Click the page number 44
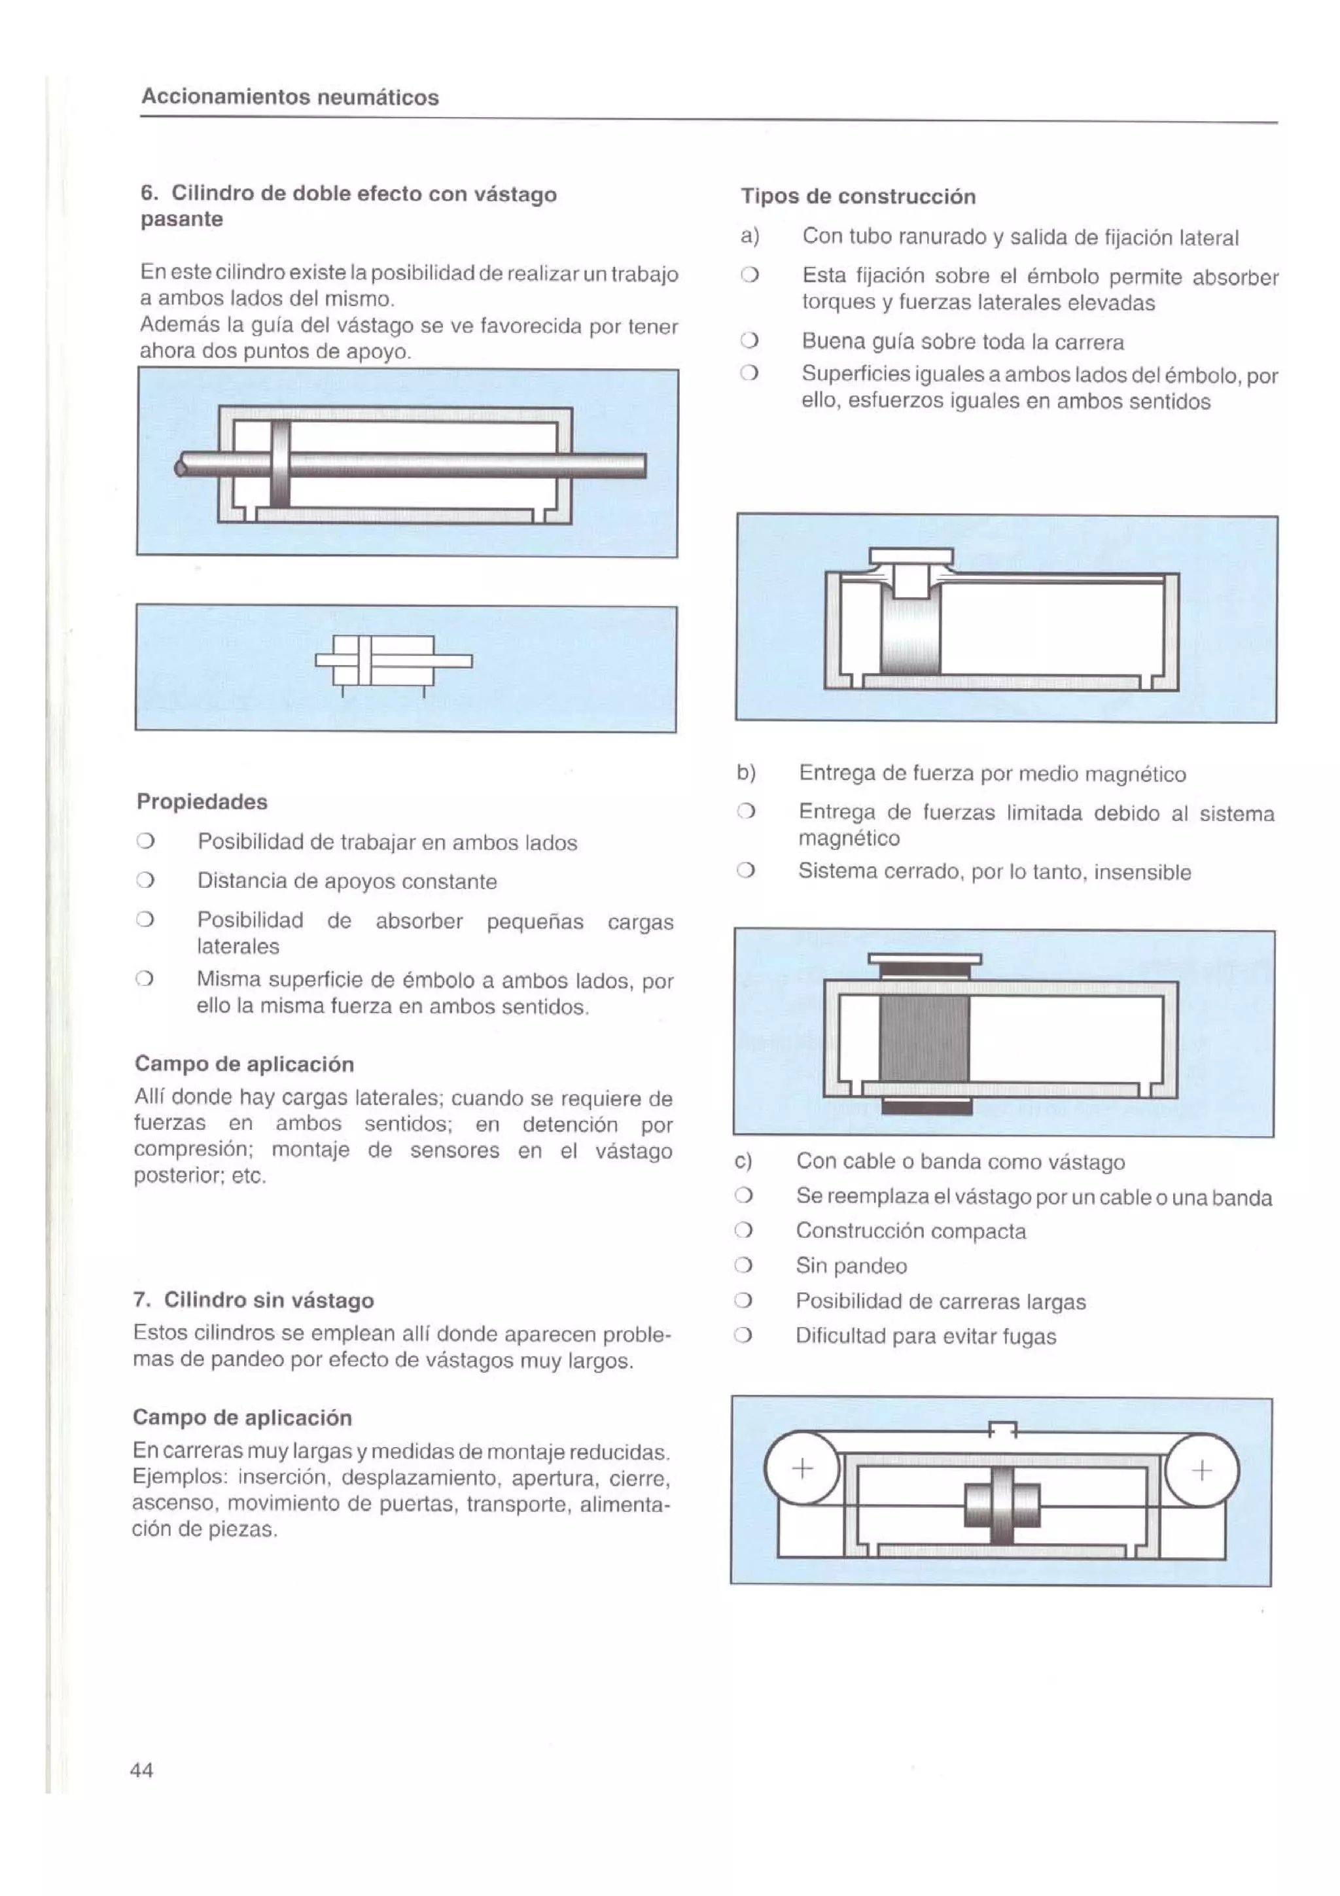click(x=141, y=1770)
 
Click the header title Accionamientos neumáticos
click(x=290, y=97)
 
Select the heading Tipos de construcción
click(x=858, y=196)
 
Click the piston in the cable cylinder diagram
click(x=1002, y=1505)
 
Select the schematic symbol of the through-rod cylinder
click(x=393, y=661)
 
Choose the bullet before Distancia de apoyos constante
click(x=145, y=881)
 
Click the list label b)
click(x=747, y=773)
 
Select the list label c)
click(x=743, y=1161)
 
